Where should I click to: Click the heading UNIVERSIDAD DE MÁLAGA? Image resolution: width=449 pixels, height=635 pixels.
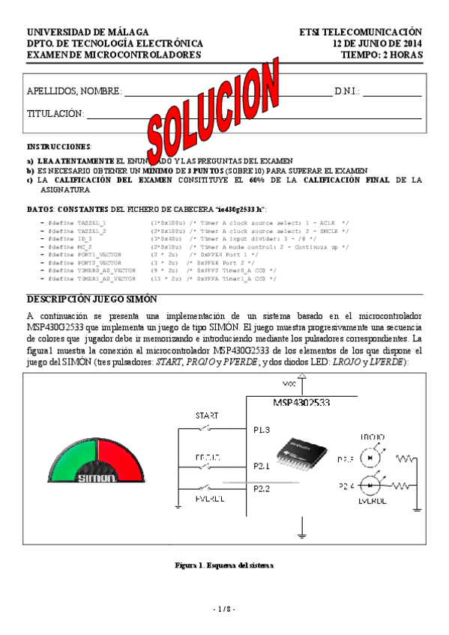click(88, 32)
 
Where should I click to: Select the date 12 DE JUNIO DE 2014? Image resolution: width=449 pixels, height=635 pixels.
click(377, 43)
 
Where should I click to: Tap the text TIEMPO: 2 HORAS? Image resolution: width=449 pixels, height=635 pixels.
click(382, 55)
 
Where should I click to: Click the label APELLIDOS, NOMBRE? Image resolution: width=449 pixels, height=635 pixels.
click(74, 91)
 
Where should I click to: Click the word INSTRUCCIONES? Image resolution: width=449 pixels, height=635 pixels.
click(59, 147)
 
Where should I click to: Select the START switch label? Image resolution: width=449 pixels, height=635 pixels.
click(207, 415)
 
